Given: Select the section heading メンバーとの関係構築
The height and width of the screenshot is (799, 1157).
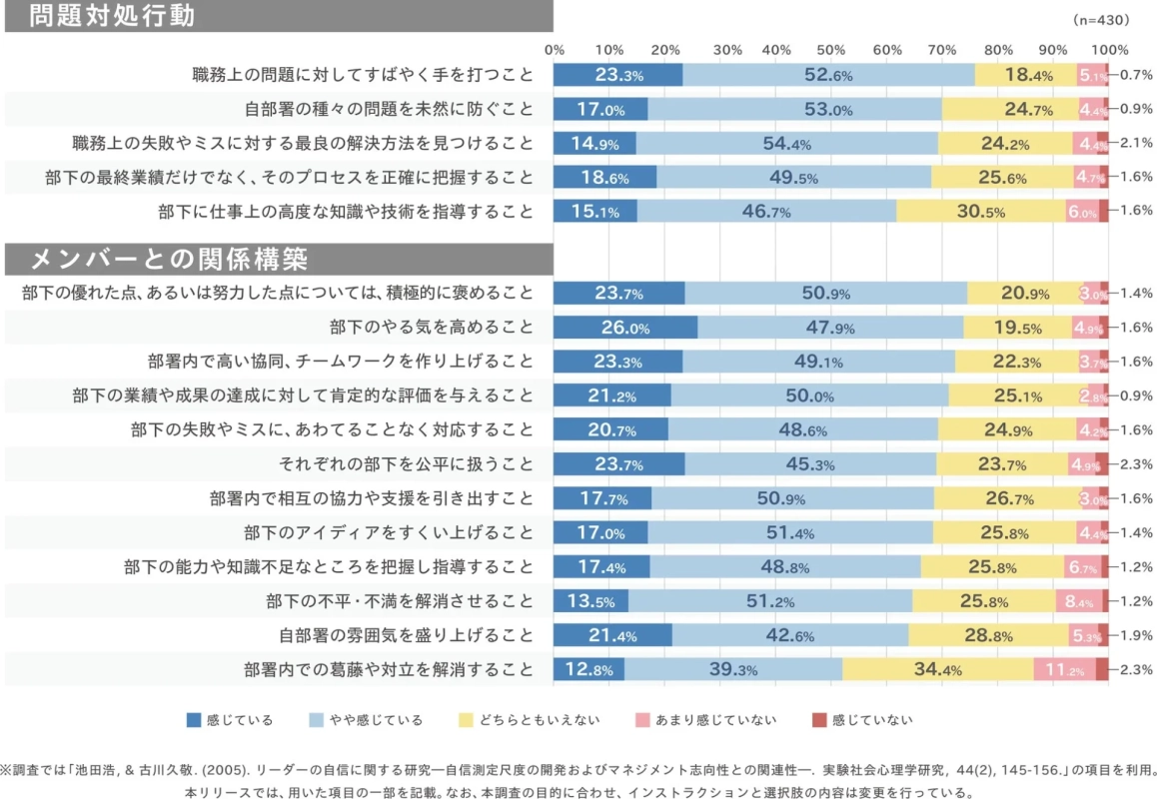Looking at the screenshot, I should (x=170, y=260).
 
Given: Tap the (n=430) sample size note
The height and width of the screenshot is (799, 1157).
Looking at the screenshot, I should (x=1099, y=19).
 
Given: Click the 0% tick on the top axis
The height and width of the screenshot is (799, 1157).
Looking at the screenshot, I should (x=555, y=50).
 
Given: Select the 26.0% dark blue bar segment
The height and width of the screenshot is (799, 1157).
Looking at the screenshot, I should (x=625, y=328).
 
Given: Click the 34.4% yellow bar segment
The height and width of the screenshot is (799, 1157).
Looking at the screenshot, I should (x=937, y=669).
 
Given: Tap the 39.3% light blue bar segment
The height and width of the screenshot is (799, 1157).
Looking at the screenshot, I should (x=733, y=669).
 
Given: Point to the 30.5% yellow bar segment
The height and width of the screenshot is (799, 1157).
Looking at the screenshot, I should (x=981, y=211).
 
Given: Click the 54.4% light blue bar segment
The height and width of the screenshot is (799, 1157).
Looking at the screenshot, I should (x=787, y=143).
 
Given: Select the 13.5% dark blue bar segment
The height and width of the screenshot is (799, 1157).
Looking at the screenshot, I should (x=590, y=601).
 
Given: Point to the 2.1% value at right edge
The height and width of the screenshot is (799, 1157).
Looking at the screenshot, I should (x=1136, y=143).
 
